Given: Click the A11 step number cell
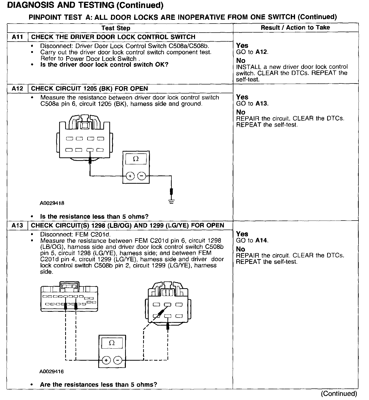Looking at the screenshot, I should coord(17,37).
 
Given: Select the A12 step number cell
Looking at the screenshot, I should coord(17,89).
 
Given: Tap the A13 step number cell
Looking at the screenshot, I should coord(17,226).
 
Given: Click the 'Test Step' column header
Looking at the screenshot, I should coord(116,28).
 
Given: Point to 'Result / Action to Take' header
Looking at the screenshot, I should coord(295,28).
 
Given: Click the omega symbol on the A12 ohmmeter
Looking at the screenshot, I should coord(136,159).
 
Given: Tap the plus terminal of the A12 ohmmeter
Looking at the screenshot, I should coord(130,176).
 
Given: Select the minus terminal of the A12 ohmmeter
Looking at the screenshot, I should coord(142,176).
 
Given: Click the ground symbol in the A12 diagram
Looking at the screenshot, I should coord(171,201).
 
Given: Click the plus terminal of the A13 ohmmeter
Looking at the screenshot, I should coord(106,360).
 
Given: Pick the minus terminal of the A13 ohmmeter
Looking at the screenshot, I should coord(118,360).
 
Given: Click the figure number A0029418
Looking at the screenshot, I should coord(52,203).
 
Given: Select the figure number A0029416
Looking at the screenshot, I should coord(51,371).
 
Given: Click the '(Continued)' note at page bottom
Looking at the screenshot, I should coord(339,394).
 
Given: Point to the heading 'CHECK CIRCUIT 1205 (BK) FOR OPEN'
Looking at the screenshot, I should coord(89,89).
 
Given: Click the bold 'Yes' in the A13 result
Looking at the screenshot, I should coord(242,234).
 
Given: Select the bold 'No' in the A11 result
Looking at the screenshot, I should coord(241,61).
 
